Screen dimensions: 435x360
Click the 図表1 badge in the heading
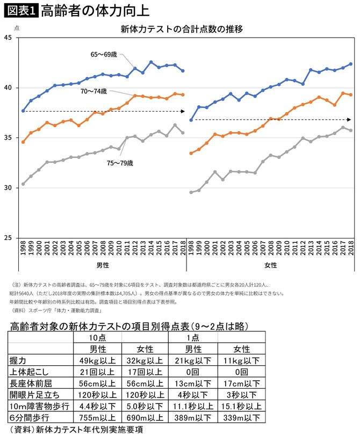point(20,10)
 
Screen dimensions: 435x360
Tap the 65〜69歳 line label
point(104,54)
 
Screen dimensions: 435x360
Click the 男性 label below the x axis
point(102,266)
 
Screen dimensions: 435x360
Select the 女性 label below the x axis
point(270,266)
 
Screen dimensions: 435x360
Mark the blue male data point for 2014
point(151,62)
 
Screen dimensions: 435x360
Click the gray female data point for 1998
point(191,192)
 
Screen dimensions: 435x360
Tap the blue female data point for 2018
point(351,64)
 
